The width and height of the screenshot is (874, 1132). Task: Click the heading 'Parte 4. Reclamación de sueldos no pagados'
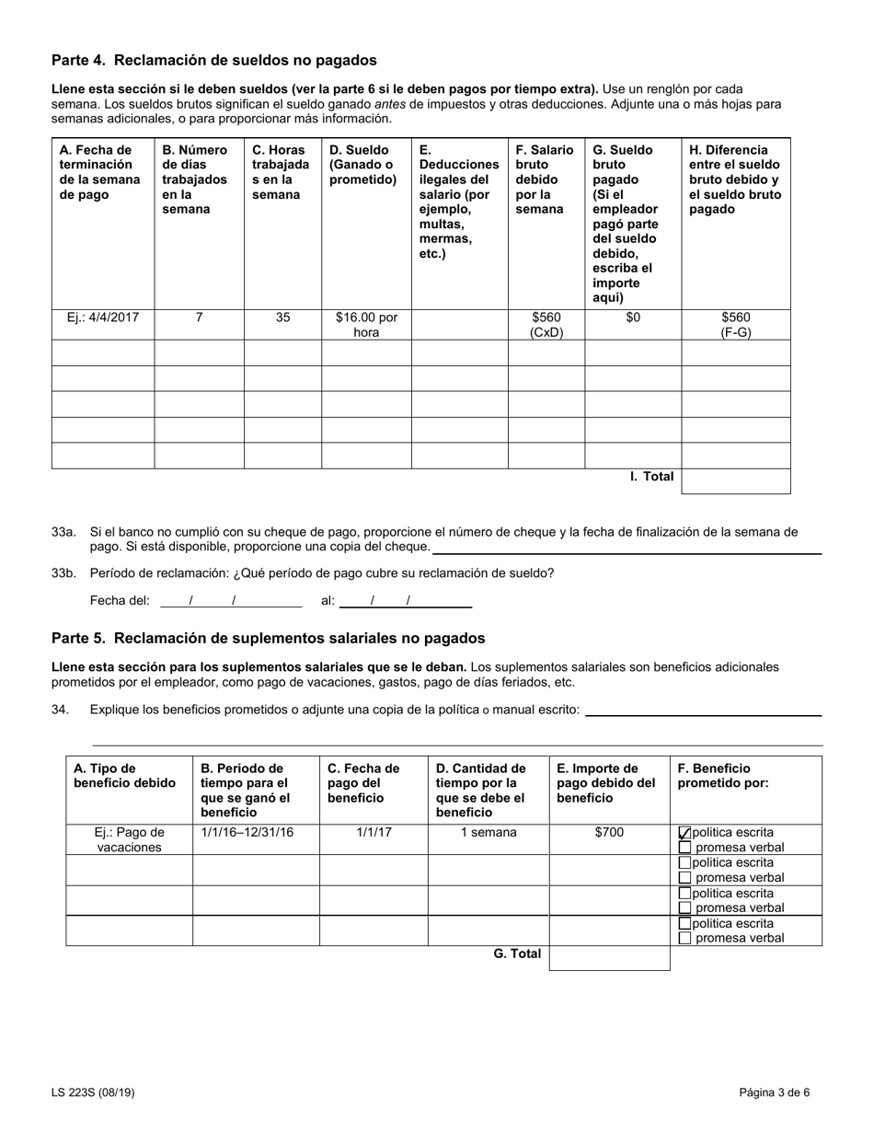(213, 61)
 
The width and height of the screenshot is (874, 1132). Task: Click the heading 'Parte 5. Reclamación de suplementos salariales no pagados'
(268, 639)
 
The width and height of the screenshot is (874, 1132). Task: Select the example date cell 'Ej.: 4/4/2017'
(102, 318)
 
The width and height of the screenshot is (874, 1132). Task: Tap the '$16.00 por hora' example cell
(366, 325)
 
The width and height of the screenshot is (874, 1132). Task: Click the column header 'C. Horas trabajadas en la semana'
(282, 172)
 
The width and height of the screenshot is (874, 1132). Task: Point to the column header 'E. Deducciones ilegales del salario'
(459, 202)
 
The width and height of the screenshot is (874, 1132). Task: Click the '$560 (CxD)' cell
(546, 325)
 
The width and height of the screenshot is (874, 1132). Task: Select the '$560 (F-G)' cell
(735, 325)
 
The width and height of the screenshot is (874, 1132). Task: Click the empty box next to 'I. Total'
(735, 480)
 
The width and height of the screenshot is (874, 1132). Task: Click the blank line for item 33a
(627, 548)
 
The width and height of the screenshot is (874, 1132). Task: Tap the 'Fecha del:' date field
(231, 601)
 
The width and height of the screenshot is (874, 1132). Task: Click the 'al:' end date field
(405, 601)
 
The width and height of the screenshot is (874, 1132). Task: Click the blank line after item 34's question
(703, 710)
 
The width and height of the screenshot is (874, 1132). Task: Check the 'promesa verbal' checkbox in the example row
(684, 848)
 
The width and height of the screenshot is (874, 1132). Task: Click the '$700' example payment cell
(609, 833)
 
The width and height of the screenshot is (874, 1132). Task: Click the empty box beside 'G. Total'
(609, 957)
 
